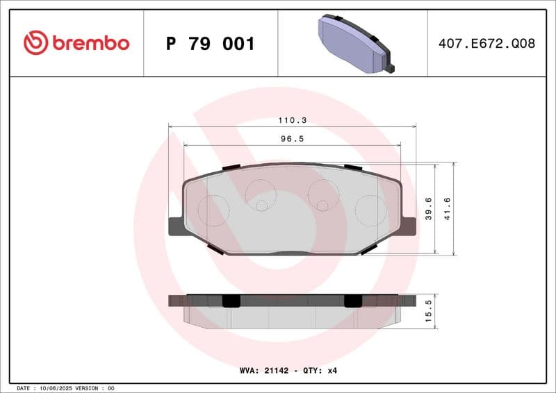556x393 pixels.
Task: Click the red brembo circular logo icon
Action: point(35,43)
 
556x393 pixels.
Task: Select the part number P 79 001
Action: point(210,44)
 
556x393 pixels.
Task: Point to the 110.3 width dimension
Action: point(292,120)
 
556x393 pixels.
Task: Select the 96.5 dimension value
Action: point(292,139)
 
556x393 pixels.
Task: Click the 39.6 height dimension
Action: point(429,208)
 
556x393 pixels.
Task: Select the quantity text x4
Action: point(332,371)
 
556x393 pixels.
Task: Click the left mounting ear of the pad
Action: point(176,226)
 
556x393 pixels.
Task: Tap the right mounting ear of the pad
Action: point(409,226)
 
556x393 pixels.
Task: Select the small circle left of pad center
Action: point(261,205)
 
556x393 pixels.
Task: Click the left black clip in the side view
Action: point(231,300)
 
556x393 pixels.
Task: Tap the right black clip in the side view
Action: point(354,300)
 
